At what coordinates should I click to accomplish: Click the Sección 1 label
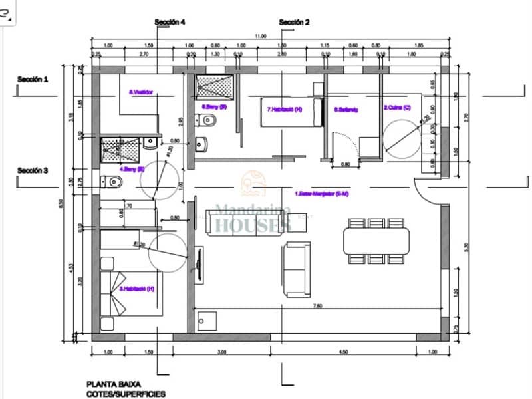point(33,79)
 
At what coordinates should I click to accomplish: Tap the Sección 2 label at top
point(294,22)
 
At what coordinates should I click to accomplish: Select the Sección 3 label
point(33,170)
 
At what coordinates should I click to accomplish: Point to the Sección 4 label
point(170,22)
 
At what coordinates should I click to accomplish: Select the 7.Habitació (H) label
point(284,109)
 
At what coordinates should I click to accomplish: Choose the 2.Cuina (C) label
point(397,106)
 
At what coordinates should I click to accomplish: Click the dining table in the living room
point(376,240)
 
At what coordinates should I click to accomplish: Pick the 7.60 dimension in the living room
point(317,305)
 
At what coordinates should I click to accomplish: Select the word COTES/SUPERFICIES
point(126,394)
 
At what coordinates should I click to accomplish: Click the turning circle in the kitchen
point(402,138)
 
